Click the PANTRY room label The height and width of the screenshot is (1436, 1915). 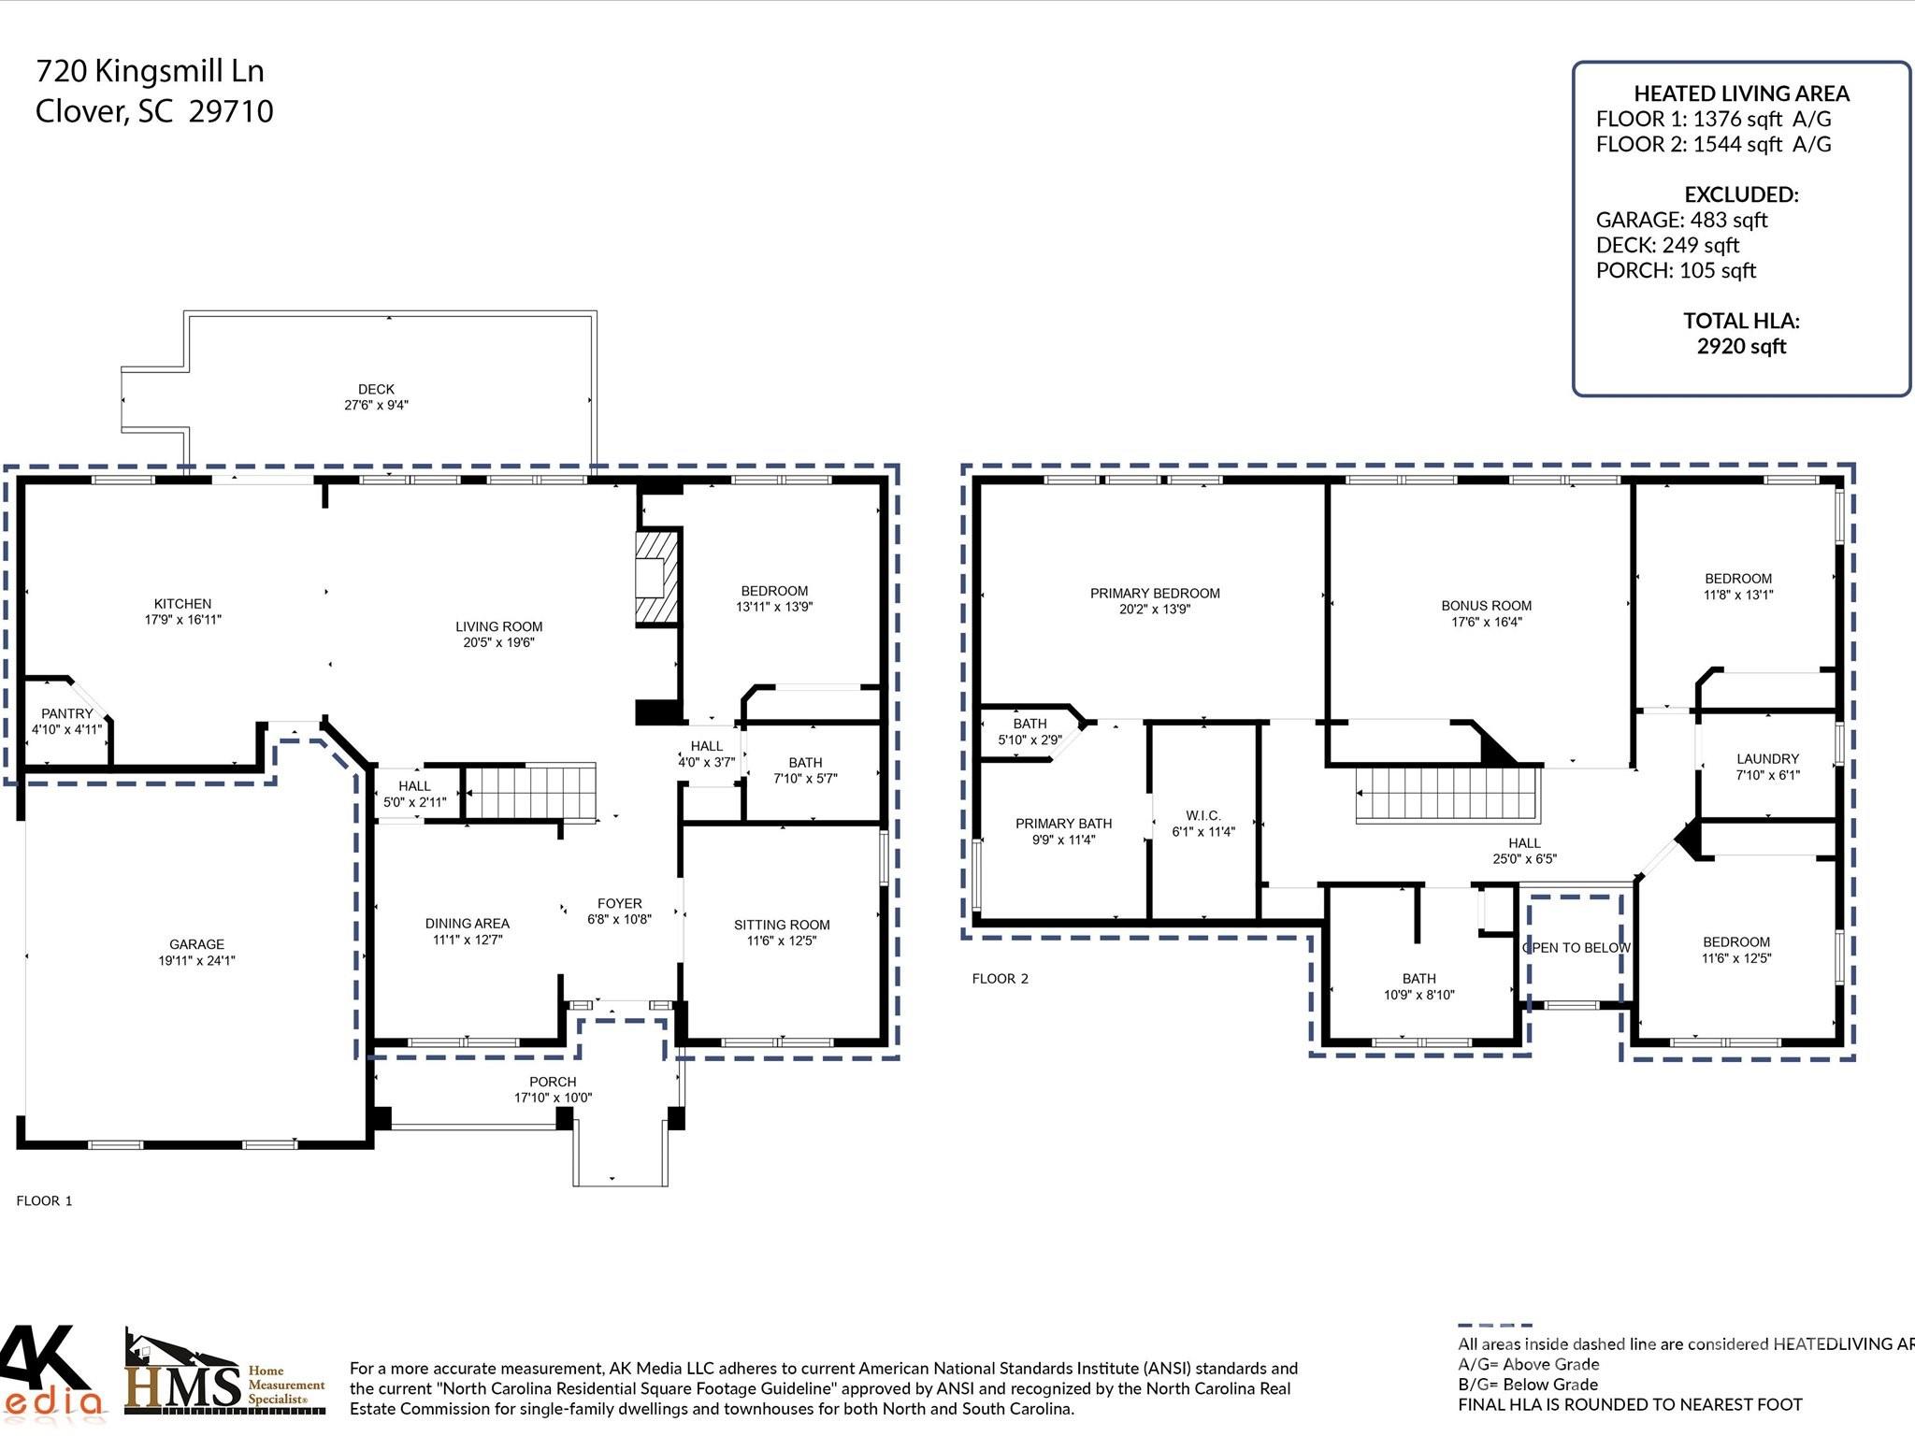click(x=66, y=713)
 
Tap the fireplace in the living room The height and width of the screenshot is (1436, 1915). click(x=655, y=578)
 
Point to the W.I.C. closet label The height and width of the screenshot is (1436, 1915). click(x=1202, y=815)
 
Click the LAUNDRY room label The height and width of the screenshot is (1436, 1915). click(x=1767, y=759)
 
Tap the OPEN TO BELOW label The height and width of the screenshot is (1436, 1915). click(x=1577, y=948)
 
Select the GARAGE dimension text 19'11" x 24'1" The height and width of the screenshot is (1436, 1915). click(x=196, y=960)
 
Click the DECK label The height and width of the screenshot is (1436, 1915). click(x=376, y=389)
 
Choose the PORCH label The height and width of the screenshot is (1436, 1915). click(x=553, y=1082)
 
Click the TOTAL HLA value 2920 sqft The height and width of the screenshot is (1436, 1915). click(x=1741, y=346)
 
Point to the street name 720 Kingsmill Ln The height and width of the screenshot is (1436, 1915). click(x=150, y=71)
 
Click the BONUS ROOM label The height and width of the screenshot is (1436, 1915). click(x=1486, y=606)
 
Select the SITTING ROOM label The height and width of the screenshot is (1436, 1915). click(x=782, y=925)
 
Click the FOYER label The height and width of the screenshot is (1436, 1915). click(x=619, y=903)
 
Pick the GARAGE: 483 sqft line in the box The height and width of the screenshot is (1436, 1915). click(x=1681, y=220)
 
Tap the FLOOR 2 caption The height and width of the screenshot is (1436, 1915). click(x=1000, y=979)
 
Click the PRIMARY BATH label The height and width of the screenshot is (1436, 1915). click(x=1063, y=824)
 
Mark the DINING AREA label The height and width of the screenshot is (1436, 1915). click(x=467, y=924)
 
